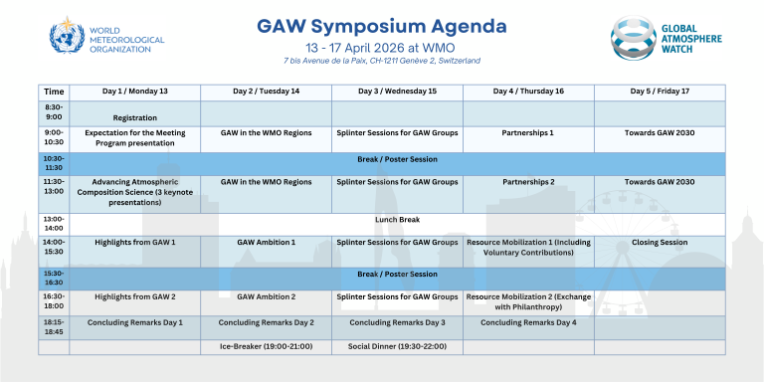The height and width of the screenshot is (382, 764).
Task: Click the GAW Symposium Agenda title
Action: pos(382,24)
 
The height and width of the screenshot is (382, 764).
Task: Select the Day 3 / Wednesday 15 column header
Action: pos(397,92)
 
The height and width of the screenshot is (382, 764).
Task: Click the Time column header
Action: pos(54,92)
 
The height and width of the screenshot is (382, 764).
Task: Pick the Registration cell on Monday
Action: pos(134,117)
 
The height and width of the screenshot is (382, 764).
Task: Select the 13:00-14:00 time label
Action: pos(54,222)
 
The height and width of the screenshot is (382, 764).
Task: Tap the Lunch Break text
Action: pos(397,218)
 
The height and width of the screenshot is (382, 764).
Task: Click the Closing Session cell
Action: pos(659,242)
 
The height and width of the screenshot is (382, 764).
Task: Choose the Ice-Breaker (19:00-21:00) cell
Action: pos(266,346)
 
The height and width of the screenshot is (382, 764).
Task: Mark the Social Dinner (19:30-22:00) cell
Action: pos(397,346)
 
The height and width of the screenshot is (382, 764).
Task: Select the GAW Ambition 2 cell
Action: pos(266,296)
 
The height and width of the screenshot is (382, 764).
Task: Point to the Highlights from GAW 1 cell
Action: pos(134,242)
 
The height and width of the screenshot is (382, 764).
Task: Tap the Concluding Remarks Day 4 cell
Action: pos(528,322)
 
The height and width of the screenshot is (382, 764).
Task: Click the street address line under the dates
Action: pos(382,61)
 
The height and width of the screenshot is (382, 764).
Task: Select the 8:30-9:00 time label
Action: pos(54,112)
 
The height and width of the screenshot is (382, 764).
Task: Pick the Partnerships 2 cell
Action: pos(528,182)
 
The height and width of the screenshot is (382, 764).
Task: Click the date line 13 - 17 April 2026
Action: pos(382,46)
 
